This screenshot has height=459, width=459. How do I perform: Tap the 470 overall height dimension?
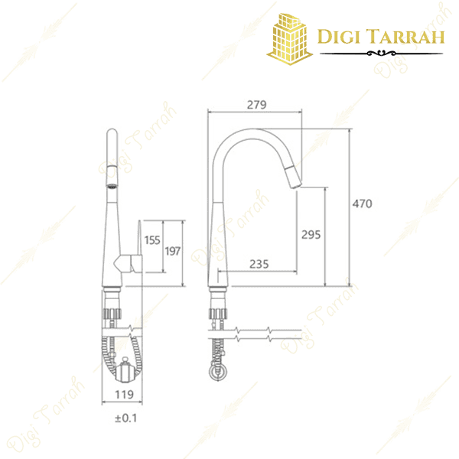coord(362,204)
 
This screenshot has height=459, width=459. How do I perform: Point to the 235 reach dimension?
coord(259,264)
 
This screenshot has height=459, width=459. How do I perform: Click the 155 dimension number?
coord(151,240)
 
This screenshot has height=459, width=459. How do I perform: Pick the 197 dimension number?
coord(173,252)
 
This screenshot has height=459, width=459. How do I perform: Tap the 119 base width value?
coord(124,394)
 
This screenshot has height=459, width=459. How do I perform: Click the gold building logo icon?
coord(290,37)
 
